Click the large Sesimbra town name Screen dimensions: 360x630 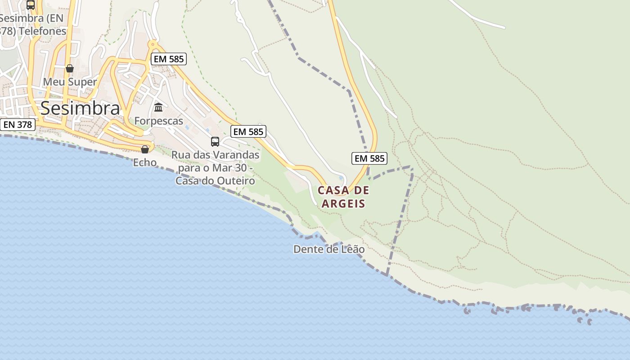(x=80, y=108)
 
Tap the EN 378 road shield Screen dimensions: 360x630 (x=18, y=125)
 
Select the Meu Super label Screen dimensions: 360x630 (x=70, y=82)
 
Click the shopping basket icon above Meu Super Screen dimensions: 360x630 (x=70, y=68)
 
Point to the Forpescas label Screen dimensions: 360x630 (x=159, y=121)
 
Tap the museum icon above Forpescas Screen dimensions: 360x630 (x=158, y=108)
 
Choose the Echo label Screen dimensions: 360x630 (x=145, y=162)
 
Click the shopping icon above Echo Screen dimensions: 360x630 (x=145, y=149)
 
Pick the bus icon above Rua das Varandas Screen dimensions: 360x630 (x=215, y=142)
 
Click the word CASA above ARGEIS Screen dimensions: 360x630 (x=333, y=190)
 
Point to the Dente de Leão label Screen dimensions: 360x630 (x=329, y=249)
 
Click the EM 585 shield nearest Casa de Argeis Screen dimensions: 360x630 (x=369, y=158)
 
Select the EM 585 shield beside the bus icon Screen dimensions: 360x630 (x=248, y=131)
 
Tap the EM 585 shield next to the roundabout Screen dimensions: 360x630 (x=168, y=59)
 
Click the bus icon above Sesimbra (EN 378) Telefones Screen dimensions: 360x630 (x=31, y=5)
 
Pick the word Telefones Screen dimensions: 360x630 (x=45, y=31)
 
